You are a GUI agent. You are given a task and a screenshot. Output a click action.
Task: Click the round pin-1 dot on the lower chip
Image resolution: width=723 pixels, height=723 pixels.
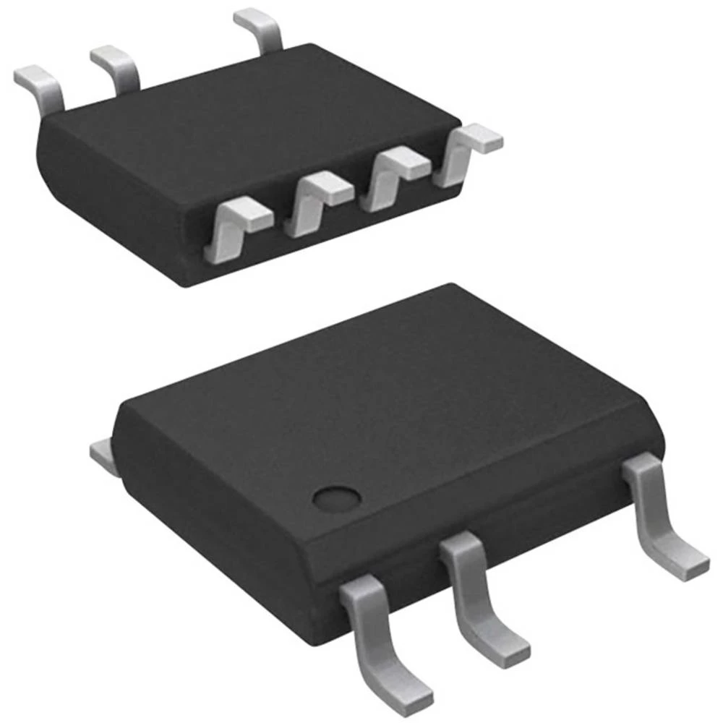point(337,498)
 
